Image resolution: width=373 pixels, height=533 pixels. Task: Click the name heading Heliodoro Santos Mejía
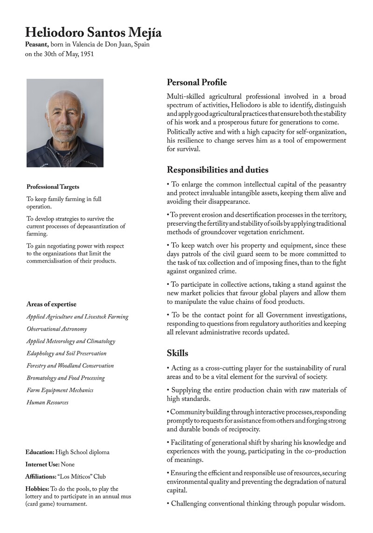(x=93, y=33)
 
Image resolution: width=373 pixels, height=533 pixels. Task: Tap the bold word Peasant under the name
(x=36, y=44)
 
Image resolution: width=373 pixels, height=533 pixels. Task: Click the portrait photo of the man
(x=65, y=123)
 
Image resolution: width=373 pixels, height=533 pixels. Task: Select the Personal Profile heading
(x=197, y=83)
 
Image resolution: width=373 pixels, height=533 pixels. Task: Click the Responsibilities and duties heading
(x=217, y=170)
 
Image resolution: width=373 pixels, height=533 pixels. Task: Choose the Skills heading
(x=178, y=353)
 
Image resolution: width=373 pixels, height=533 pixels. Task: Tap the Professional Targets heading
(x=53, y=187)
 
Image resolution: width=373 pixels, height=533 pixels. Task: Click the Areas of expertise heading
(x=51, y=305)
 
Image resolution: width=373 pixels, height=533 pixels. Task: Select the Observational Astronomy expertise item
(x=56, y=329)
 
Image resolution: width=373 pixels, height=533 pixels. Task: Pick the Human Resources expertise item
(x=47, y=402)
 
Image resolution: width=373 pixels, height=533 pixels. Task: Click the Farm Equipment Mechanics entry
(x=60, y=390)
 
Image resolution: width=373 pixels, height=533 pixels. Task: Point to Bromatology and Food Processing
(x=65, y=378)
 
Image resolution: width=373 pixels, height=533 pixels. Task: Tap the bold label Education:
(x=40, y=452)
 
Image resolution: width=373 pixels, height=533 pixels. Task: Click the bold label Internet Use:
(x=42, y=464)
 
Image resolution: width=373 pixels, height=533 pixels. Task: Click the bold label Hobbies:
(x=37, y=489)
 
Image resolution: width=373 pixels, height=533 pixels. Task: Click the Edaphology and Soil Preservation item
(x=66, y=353)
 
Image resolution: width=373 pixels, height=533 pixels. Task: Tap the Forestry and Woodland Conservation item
(x=70, y=366)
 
